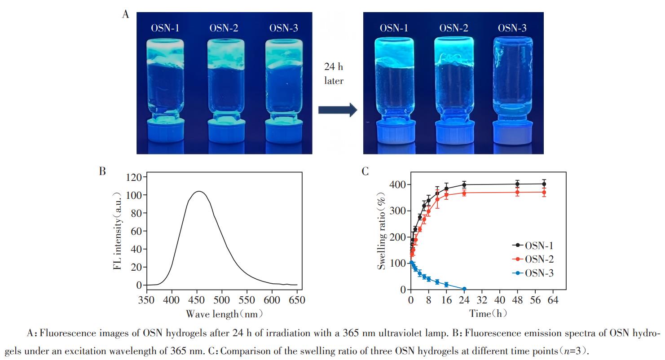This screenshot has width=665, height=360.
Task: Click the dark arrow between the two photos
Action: coord(338,110)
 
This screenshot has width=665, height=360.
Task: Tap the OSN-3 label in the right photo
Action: coord(512,28)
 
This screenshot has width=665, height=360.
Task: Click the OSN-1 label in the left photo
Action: coord(165,28)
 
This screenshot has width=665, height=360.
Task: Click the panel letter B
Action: coord(102,171)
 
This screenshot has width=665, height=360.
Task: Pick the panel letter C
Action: coord(365,171)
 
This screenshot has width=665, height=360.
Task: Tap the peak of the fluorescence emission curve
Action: coord(199,191)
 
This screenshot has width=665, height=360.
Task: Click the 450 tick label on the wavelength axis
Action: coord(197,300)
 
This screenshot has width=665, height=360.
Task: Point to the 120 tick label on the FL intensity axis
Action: coord(134,177)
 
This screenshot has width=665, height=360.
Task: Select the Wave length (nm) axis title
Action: coord(224,314)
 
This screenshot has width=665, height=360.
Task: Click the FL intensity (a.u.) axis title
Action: coord(118,231)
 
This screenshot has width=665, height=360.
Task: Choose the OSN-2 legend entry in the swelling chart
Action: coord(533,259)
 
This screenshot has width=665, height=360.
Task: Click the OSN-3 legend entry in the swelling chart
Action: coord(533,273)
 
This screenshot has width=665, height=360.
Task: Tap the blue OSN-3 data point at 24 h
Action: coord(464,289)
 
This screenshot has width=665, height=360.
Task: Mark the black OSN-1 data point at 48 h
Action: coord(517,184)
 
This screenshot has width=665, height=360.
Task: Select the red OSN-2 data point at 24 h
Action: coord(464,193)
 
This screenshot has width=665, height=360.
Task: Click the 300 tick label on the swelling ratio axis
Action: coord(397,211)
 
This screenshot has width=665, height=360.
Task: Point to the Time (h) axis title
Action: coord(488,314)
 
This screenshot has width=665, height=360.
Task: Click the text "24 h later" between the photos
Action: coord(334,74)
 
